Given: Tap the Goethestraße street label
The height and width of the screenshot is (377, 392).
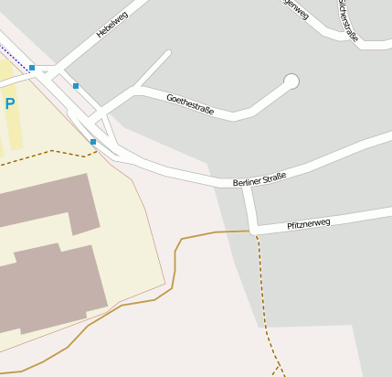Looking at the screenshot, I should coord(190,103).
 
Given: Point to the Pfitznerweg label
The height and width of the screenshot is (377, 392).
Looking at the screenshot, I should coord(308,223).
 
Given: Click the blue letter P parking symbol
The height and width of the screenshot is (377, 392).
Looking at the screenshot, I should coord(10,104).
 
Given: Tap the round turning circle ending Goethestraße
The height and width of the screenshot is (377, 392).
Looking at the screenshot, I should coord(291,81).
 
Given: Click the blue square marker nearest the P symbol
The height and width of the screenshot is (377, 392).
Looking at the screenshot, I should coord(32,69).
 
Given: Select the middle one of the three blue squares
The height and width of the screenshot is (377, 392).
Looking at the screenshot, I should coord(76,86).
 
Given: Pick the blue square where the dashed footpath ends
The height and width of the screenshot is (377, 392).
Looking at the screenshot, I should coord(93,142).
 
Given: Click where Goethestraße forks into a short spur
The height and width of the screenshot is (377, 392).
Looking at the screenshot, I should coord(137,90).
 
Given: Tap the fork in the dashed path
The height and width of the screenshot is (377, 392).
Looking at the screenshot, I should coord(278,365).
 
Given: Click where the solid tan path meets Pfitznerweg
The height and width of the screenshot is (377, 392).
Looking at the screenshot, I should coord(252,232).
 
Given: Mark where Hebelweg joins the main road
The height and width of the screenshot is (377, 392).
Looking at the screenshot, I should coord(57,68).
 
